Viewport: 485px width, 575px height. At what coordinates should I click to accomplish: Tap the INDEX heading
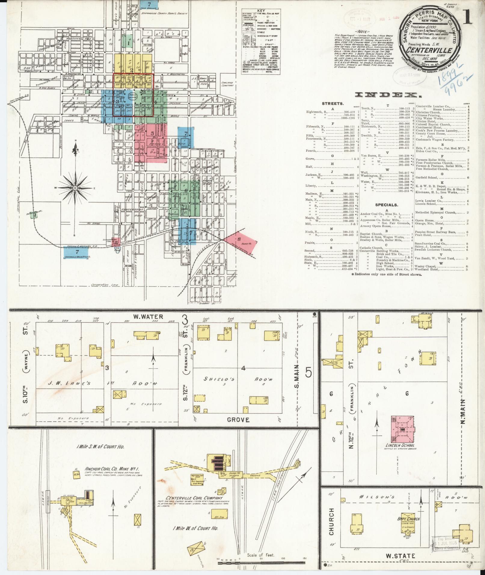tap(387, 95)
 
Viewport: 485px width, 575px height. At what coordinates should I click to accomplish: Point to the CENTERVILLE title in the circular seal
tap(428, 50)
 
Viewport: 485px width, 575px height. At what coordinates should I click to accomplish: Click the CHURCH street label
tap(331, 522)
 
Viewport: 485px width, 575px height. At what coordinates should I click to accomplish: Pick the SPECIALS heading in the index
tap(386, 205)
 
